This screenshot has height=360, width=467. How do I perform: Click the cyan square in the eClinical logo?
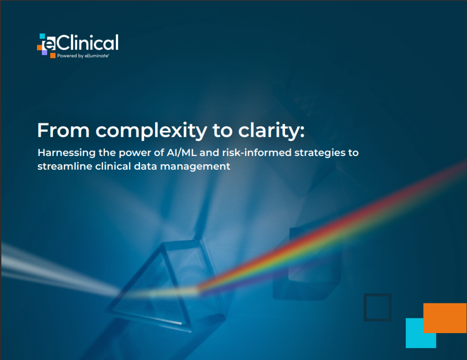pyautogui.click(x=42, y=36)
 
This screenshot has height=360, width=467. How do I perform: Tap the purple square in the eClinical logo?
pyautogui.click(x=44, y=52)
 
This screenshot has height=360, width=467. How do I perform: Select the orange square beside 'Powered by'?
pyautogui.click(x=53, y=55)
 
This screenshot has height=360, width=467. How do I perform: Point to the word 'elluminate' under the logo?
pyautogui.click(x=97, y=56)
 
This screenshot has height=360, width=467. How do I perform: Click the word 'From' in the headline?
pyautogui.click(x=63, y=130)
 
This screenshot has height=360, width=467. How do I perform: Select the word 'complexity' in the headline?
pyautogui.click(x=151, y=131)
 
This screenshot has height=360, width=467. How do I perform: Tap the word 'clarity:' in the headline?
pyautogui.click(x=271, y=131)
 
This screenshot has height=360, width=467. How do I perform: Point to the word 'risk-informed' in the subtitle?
pyautogui.click(x=257, y=152)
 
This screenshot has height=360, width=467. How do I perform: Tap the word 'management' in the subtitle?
pyautogui.click(x=195, y=167)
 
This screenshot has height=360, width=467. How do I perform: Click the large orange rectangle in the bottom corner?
pyautogui.click(x=445, y=318)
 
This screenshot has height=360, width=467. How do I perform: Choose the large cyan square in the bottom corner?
pyautogui.click(x=421, y=333)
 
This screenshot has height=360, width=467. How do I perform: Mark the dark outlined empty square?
pyautogui.click(x=378, y=308)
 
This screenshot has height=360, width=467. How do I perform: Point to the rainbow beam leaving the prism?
pyautogui.click(x=331, y=226)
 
